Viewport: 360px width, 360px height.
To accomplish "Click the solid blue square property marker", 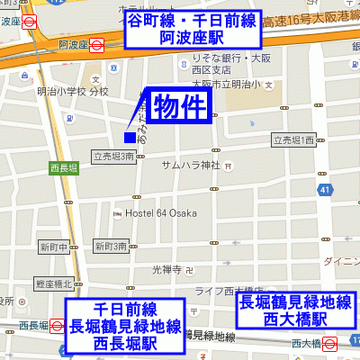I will tap(130, 137).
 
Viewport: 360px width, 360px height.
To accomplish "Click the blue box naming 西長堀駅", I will tap(125, 326).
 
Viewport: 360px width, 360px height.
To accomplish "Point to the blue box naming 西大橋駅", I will tap(294, 311).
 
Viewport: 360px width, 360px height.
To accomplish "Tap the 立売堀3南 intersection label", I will tap(113, 156).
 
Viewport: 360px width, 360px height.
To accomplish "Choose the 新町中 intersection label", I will tap(54, 247).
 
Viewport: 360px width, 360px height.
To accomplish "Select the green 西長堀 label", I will tap(64, 167).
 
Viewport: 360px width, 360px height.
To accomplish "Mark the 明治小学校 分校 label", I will tap(72, 91).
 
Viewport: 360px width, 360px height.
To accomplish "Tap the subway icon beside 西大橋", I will tap(329, 342).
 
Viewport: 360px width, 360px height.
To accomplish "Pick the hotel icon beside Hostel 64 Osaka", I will tap(118, 213).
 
